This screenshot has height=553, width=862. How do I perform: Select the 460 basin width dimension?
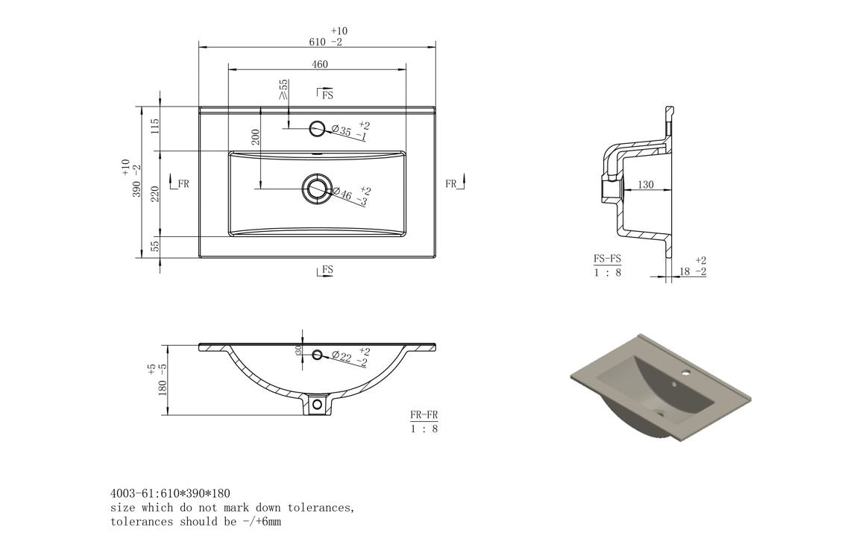click(x=319, y=64)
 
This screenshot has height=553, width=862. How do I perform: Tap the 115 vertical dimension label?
click(x=154, y=126)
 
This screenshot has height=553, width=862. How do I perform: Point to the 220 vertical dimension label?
click(x=154, y=194)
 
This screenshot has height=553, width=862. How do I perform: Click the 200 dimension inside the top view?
click(x=255, y=136)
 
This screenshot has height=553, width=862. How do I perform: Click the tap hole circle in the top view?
click(x=318, y=127)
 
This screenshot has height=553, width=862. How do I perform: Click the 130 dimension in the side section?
click(x=646, y=184)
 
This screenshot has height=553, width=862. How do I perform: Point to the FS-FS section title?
click(x=607, y=259)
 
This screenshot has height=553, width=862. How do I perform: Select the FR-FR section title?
click(x=424, y=414)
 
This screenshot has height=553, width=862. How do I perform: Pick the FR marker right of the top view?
click(x=453, y=183)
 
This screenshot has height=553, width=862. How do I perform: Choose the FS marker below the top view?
click(x=326, y=270)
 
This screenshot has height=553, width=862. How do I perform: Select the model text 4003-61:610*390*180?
click(x=170, y=493)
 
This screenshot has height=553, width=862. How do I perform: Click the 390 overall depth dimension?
click(x=136, y=180)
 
